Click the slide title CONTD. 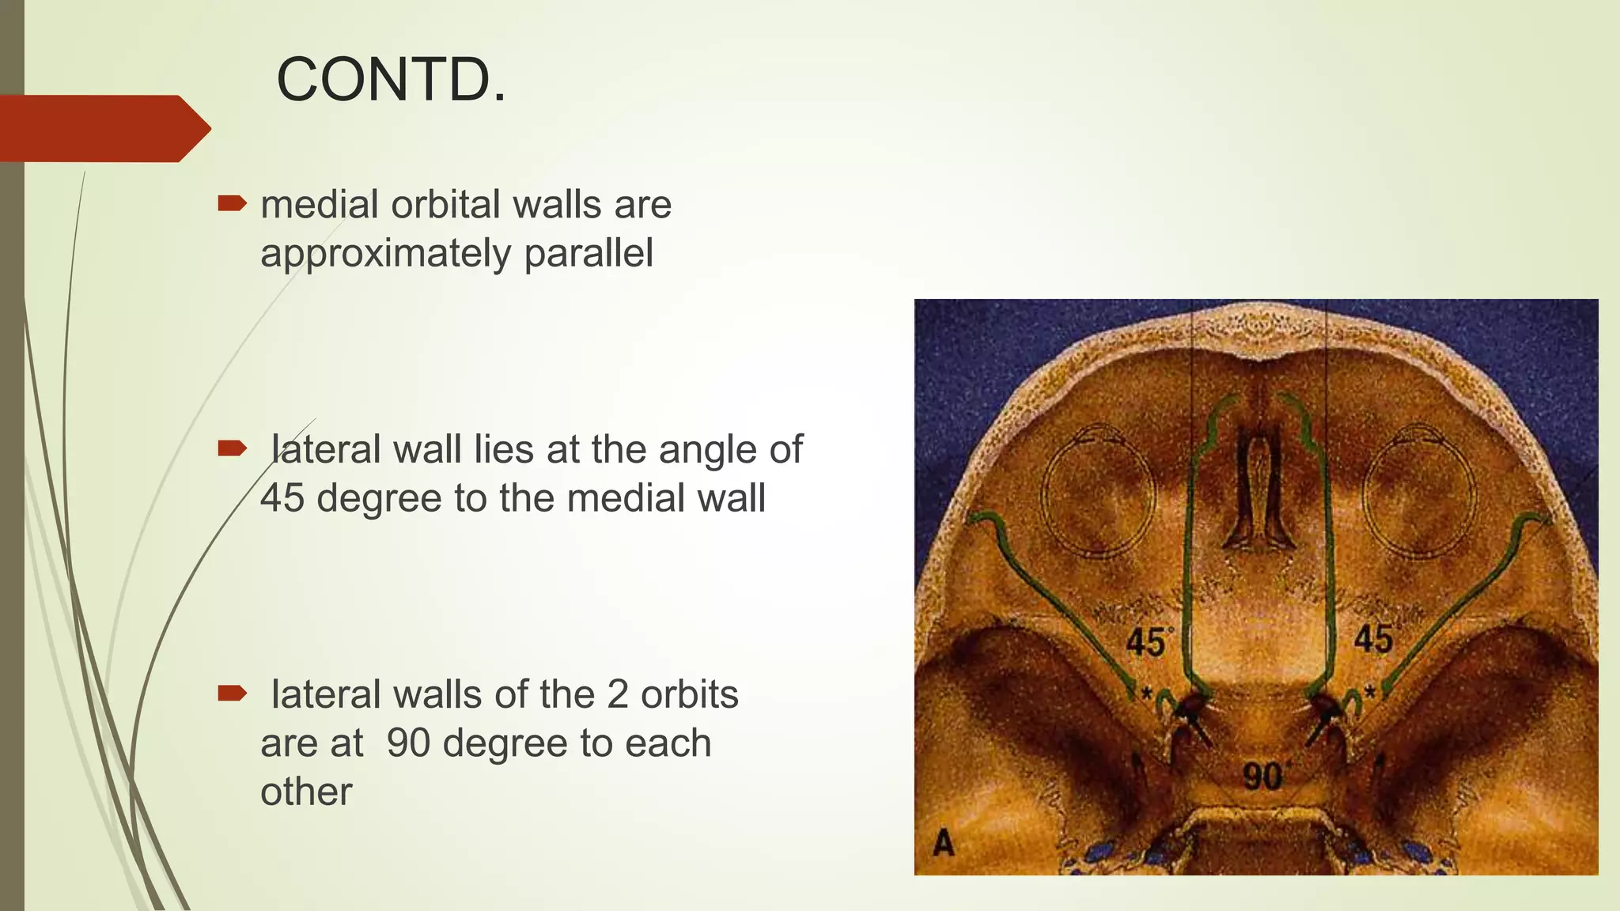[x=391, y=80]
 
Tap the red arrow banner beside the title [x=103, y=128]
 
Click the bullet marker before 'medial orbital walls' [x=232, y=204]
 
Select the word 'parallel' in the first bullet [x=589, y=253]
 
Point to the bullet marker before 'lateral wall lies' [x=232, y=449]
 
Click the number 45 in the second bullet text [x=282, y=498]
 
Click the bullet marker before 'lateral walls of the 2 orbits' [x=232, y=694]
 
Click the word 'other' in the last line [x=306, y=792]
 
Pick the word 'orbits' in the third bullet [x=689, y=694]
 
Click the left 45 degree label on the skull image [x=1146, y=642]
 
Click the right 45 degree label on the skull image [x=1372, y=639]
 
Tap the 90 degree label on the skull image [x=1262, y=776]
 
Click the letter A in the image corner [x=943, y=843]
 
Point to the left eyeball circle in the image [x=1098, y=493]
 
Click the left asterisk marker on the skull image [x=1146, y=694]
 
